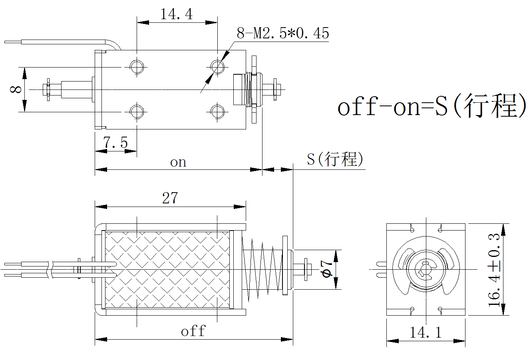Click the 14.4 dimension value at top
click(176, 14)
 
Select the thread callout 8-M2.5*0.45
click(283, 33)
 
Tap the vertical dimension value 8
click(16, 88)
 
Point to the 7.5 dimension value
click(115, 142)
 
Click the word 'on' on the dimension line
click(178, 162)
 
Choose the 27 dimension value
click(170, 198)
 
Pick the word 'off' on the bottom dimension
click(193, 331)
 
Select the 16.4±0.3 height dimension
click(495, 269)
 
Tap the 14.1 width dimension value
click(426, 332)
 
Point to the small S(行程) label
click(335, 159)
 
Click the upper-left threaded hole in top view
click(137, 66)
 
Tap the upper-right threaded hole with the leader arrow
click(217, 66)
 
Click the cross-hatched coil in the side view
click(168, 270)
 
